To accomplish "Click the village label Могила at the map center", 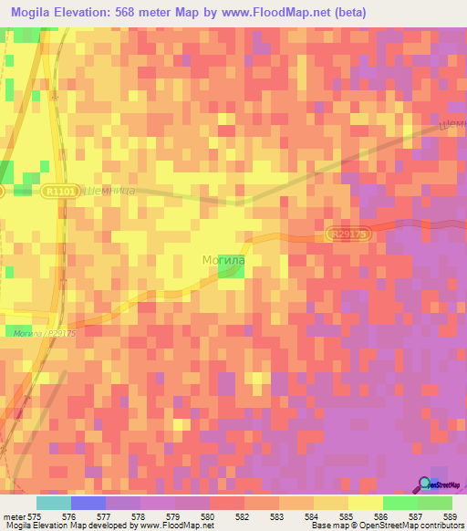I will click(x=223, y=260).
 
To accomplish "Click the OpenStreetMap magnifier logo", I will click(x=425, y=484).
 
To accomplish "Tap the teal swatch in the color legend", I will click(x=54, y=503).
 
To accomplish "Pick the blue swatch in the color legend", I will click(x=88, y=503).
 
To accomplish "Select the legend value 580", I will click(x=208, y=516).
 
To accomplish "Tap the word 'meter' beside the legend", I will click(x=14, y=516).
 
